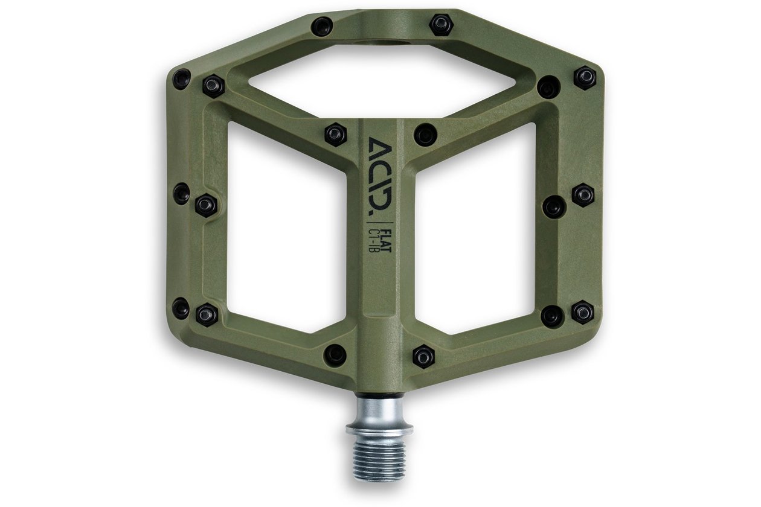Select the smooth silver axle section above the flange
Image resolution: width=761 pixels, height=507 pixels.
click(x=379, y=412)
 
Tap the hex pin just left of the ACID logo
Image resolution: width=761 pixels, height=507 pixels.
click(x=335, y=134)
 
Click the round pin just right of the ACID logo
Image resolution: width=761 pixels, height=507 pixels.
click(x=425, y=135)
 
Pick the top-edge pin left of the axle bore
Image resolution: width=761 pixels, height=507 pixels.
click(x=322, y=27)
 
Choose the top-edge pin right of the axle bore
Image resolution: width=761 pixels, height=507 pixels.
click(x=440, y=25)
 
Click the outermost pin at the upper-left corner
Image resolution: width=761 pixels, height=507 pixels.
click(x=181, y=80)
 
